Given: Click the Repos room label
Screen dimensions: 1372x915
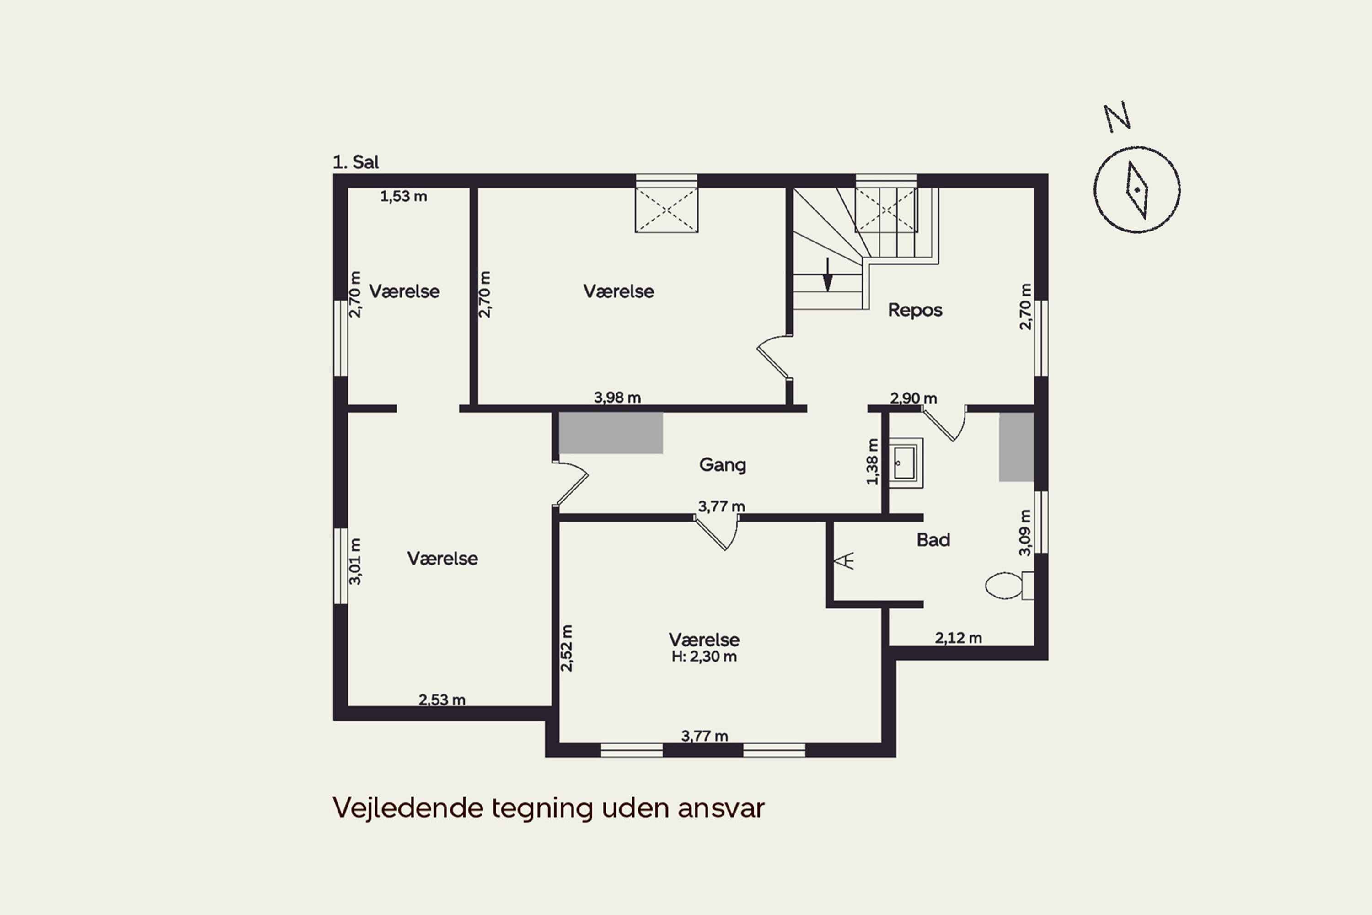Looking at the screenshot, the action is tap(915, 310).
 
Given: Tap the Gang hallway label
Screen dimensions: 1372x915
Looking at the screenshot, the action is tap(722, 465).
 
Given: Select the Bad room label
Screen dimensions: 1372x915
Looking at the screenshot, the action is tap(933, 540).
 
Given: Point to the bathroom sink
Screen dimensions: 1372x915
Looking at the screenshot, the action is tap(906, 463).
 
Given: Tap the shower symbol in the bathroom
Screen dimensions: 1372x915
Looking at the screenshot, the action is tap(844, 561).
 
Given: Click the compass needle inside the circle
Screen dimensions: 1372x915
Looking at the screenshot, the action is tap(1137, 190).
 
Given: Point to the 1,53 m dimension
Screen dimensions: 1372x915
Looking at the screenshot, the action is tap(404, 197).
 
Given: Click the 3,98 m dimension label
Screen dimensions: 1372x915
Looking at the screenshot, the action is tap(617, 398).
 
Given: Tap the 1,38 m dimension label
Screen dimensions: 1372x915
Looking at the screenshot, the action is tap(872, 462).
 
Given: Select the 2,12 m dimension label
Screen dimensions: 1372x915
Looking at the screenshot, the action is tap(959, 638).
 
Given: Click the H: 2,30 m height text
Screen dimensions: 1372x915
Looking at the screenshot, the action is tap(704, 657).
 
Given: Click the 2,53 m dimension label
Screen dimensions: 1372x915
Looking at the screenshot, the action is tap(442, 700).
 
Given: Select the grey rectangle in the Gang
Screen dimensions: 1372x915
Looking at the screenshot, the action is tap(611, 433).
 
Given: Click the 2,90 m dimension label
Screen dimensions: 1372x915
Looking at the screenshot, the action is tap(913, 398).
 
